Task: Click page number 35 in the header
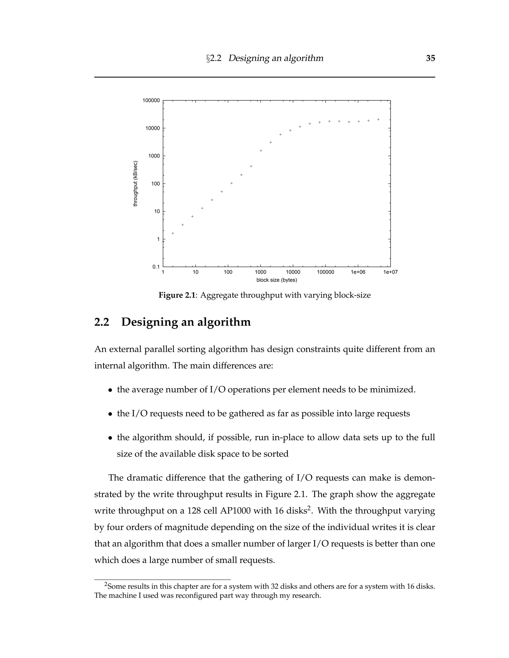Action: [430, 58]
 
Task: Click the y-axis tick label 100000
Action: [151, 101]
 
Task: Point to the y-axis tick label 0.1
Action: [156, 267]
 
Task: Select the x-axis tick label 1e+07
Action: [390, 272]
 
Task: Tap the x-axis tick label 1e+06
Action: [358, 272]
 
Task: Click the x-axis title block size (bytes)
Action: [277, 280]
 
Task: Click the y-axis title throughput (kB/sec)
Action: [135, 184]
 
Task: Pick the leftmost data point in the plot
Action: [173, 233]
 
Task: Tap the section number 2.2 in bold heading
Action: [102, 322]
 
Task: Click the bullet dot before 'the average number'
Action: [110, 390]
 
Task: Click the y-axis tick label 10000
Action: [153, 128]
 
